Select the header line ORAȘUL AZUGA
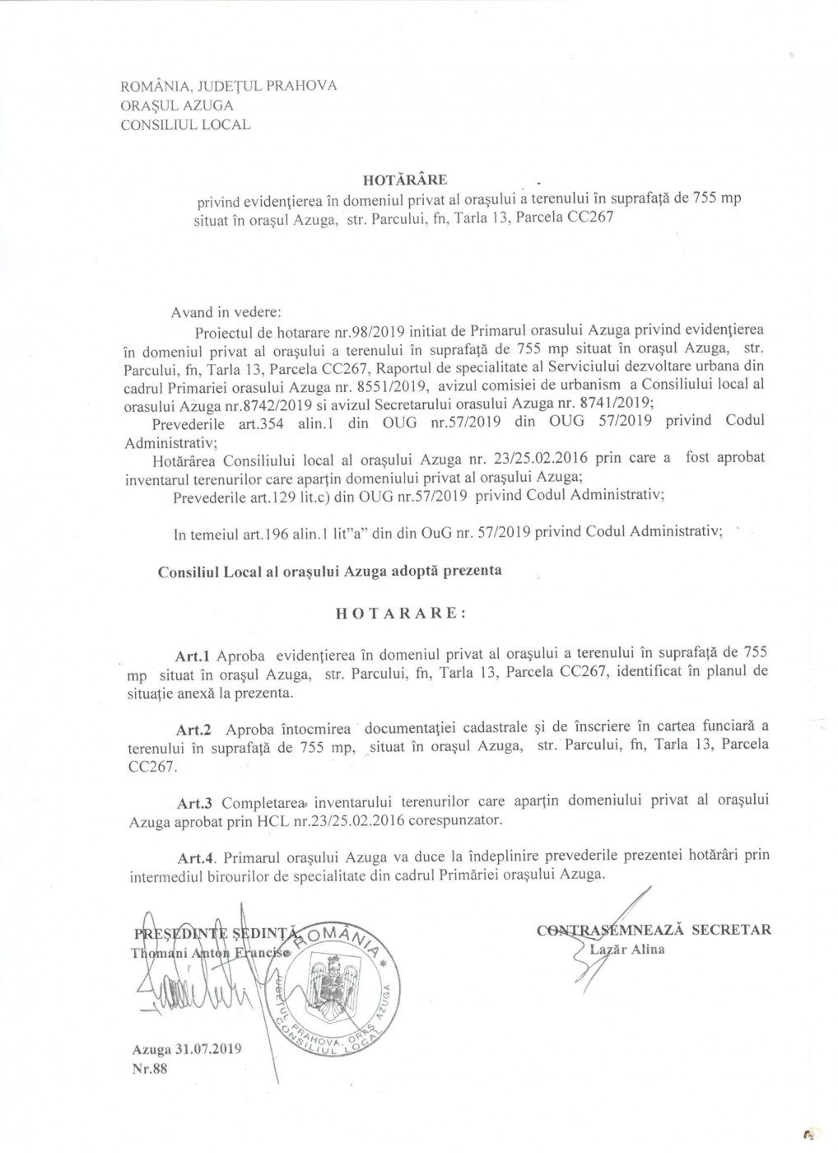click(x=177, y=105)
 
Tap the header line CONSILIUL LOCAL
click(x=186, y=125)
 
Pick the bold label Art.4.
click(x=196, y=857)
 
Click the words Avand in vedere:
click(x=226, y=313)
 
